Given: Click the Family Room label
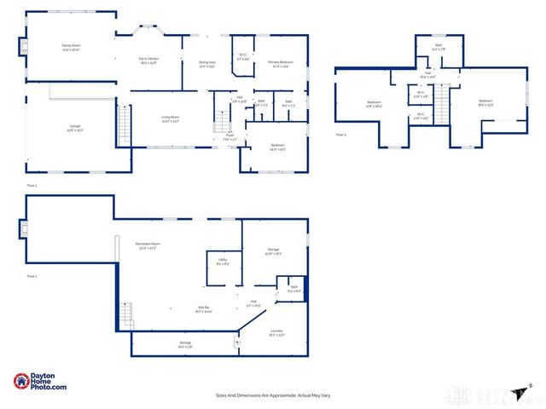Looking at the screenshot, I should pos(70,46).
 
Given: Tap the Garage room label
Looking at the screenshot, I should pos(75,128).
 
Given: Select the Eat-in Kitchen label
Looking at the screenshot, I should pos(149,60).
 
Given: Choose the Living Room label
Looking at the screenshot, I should pos(171,119).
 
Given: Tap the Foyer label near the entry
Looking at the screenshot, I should pos(229,136).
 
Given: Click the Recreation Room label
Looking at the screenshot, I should pos(148,245).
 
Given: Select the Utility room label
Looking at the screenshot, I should pos(222,262).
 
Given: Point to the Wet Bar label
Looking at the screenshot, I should pos(181,309).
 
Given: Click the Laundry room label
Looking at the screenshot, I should pos(276,332).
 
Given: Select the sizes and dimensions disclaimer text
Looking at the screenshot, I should pos(273,395).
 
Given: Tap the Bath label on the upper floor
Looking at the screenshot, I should pos(439,46).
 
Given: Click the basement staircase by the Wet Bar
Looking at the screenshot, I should pos(126,315).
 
